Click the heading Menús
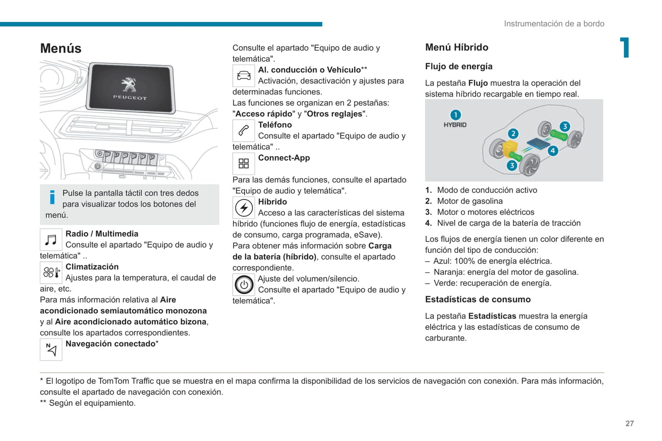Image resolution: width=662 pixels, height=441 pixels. (61, 48)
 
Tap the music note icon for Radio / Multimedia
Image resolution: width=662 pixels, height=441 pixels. (51, 240)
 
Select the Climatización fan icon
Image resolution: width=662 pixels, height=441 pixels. (51, 273)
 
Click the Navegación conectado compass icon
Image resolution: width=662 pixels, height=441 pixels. (51, 350)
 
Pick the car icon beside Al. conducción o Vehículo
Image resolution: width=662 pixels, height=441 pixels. (244, 76)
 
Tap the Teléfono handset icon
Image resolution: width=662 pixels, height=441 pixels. (244, 131)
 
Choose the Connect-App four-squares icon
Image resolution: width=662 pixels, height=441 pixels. (244, 163)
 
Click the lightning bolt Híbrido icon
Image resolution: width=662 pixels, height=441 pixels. (244, 208)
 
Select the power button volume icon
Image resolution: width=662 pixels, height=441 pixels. (244, 285)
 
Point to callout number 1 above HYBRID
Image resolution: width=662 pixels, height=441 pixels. (455, 115)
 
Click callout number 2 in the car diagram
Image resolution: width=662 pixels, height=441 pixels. (513, 134)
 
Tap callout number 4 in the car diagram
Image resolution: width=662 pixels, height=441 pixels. (553, 151)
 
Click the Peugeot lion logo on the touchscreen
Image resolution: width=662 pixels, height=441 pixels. (129, 86)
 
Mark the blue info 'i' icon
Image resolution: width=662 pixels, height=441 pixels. (52, 197)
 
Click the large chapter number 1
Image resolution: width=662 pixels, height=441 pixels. (624, 48)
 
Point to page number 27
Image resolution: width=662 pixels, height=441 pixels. (629, 424)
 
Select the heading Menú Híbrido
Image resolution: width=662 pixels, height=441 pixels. (456, 48)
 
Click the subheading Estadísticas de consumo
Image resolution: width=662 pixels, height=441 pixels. (477, 300)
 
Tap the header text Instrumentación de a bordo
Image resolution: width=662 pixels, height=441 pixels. (554, 24)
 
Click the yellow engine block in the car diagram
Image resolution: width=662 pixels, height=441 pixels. (510, 148)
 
